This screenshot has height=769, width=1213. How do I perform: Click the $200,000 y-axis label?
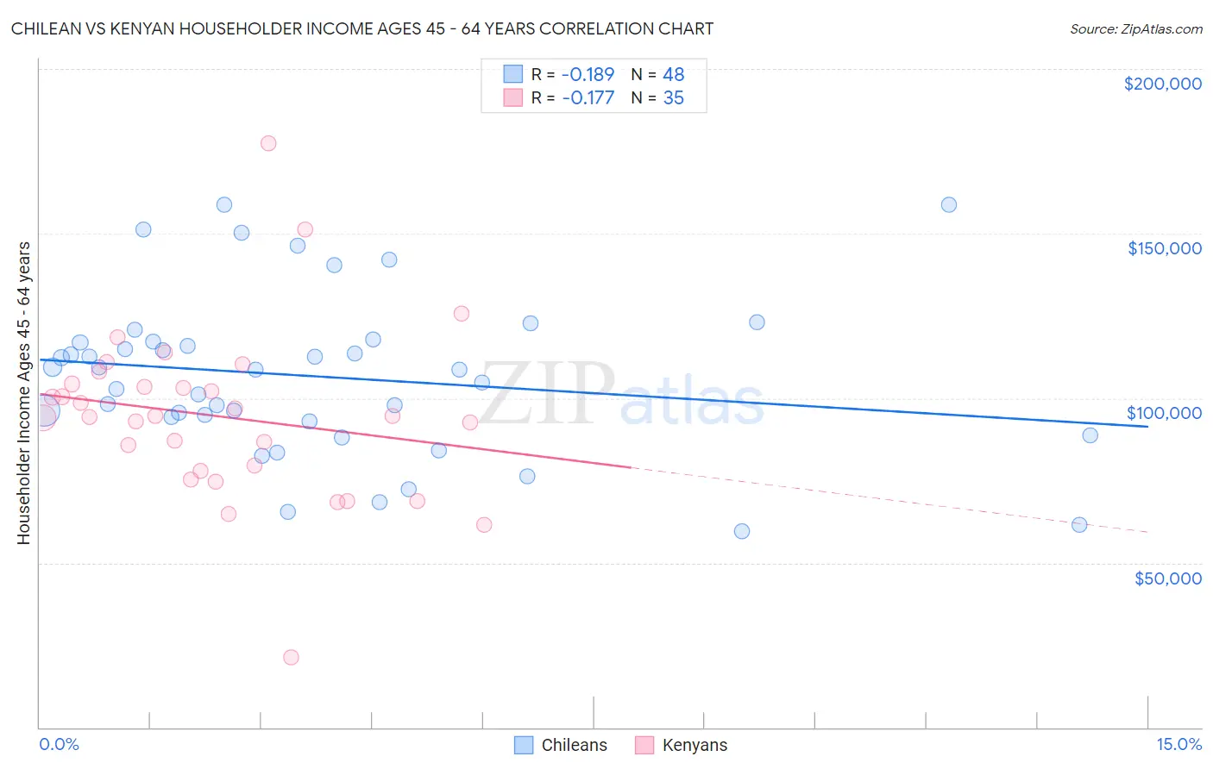tap(1162, 84)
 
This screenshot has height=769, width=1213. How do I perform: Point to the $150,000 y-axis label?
tap(1164, 248)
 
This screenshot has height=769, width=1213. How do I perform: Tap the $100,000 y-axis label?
tap(1164, 413)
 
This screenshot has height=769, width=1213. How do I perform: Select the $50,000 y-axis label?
tap(1167, 578)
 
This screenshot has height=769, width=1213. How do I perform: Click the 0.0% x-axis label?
tap(59, 744)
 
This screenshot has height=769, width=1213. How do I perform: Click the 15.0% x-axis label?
tap(1178, 744)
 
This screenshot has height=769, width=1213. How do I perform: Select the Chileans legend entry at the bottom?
tap(562, 745)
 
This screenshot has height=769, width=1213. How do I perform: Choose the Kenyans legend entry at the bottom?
tap(682, 745)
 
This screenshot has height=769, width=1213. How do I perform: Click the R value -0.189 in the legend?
tap(588, 75)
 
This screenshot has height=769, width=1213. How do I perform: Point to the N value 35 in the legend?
tap(673, 98)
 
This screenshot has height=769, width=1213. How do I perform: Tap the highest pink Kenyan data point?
tap(268, 143)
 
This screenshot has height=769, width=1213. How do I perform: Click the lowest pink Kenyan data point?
tap(291, 657)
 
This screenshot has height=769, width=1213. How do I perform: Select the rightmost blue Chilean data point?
tap(1090, 435)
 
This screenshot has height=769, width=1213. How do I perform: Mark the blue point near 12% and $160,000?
tap(949, 205)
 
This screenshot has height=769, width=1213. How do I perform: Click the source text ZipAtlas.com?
tap(1135, 29)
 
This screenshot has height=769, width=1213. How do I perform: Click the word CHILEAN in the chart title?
tap(47, 28)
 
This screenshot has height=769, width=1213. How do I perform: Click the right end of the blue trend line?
tap(1147, 426)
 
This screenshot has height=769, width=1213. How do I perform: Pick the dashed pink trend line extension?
tap(889, 499)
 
